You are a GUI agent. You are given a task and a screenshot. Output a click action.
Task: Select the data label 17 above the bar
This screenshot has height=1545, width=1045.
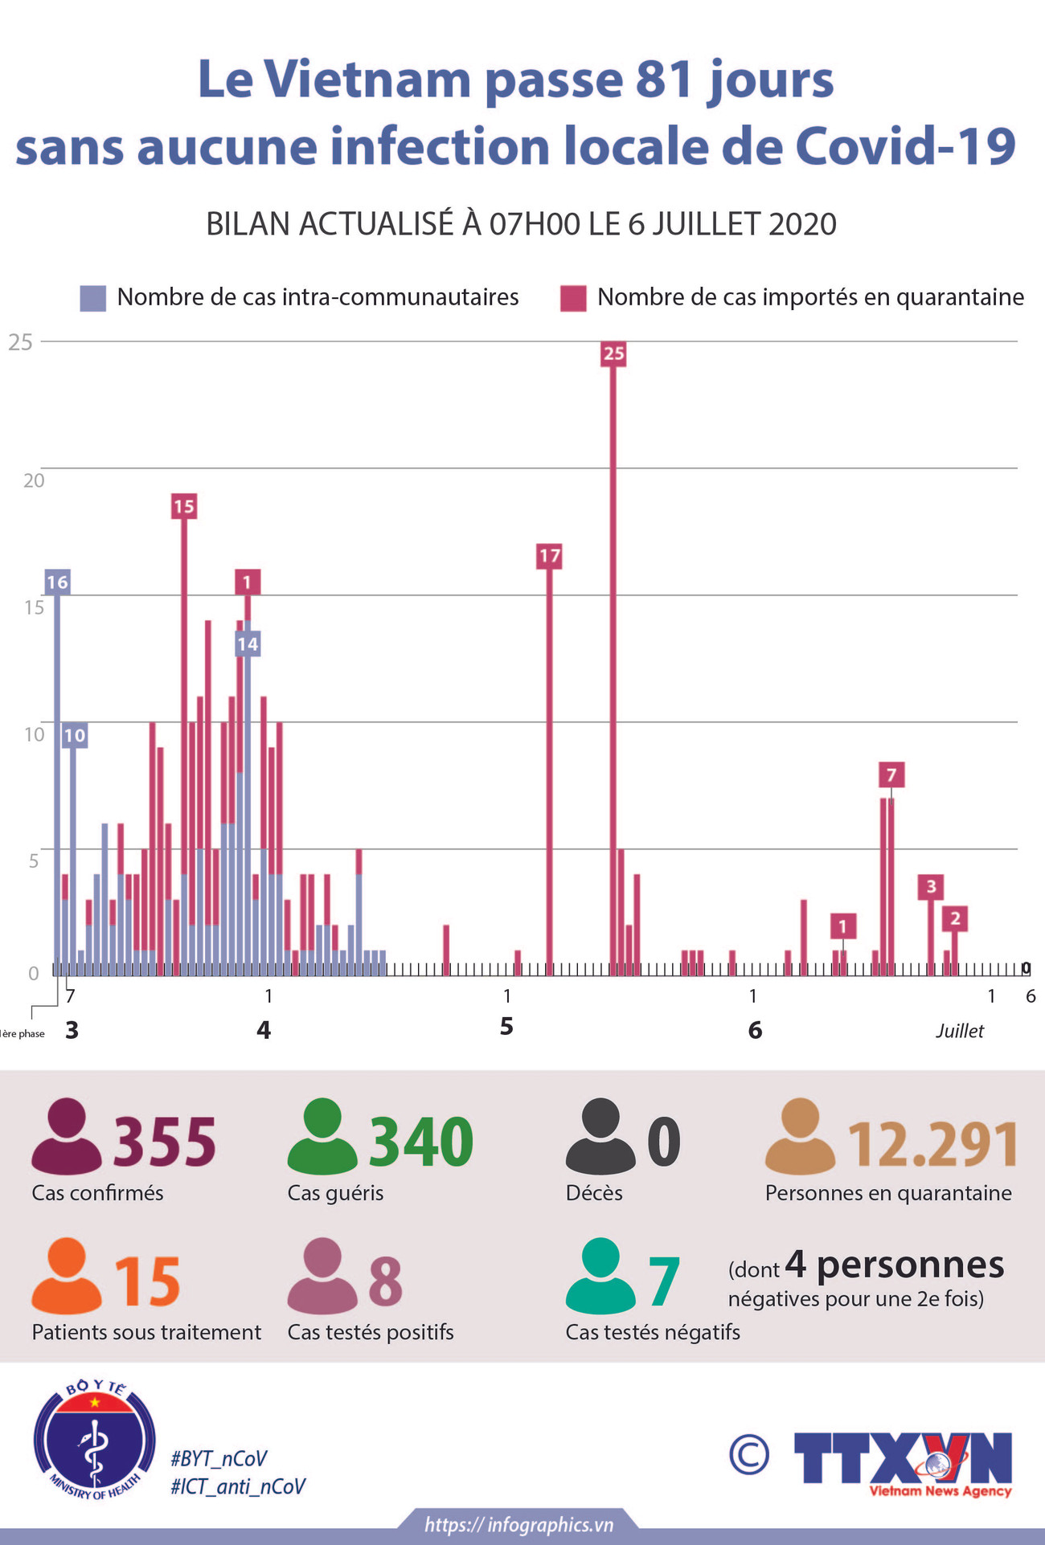coord(549,555)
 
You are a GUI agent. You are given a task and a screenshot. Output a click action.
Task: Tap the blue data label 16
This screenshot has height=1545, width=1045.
coord(57,582)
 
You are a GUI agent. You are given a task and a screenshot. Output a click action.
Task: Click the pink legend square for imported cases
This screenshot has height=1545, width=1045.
coord(573,298)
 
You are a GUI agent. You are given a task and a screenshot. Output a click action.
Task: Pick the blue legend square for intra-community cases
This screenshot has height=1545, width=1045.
coord(93,298)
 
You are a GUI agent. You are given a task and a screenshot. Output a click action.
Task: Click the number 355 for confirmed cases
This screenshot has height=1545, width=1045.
coord(165,1141)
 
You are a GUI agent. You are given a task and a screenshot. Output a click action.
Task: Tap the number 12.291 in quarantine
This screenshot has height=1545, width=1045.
coord(933,1144)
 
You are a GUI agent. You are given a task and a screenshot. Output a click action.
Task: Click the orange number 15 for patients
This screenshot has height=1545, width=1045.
coord(147,1282)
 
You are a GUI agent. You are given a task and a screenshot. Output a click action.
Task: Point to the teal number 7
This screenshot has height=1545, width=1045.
coord(664,1282)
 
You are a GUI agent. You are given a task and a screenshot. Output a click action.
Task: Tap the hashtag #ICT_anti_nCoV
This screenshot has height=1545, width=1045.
coord(238,1486)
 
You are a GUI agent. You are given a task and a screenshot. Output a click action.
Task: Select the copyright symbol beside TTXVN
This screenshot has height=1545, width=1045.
coord(749,1455)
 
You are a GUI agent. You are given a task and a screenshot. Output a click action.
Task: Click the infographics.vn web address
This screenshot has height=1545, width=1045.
coord(518,1525)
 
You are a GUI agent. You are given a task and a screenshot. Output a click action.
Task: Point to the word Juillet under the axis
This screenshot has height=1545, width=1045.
coord(959,1031)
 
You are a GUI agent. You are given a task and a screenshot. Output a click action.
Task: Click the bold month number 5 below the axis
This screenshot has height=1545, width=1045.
coord(506,1026)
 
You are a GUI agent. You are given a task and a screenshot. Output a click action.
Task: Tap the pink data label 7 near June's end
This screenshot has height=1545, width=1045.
coord(891,775)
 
